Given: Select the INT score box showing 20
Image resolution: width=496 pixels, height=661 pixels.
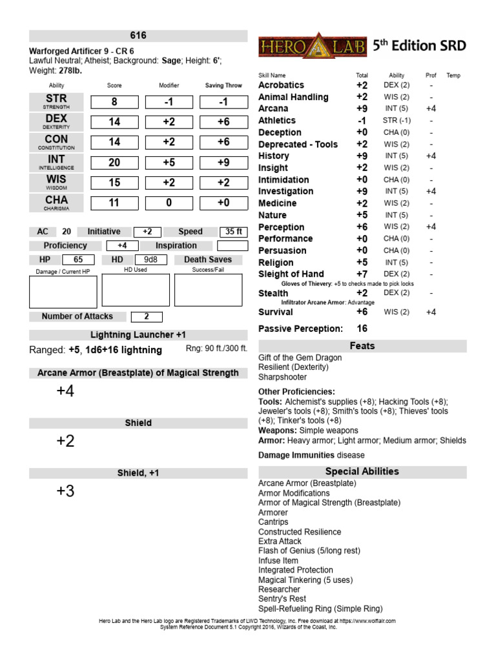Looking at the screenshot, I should (114, 163).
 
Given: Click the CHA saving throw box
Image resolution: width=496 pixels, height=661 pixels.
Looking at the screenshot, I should (223, 203).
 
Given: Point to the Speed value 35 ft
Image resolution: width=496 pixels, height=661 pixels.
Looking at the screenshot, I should (232, 232).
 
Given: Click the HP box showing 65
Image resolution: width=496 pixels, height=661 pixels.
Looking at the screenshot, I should (79, 259).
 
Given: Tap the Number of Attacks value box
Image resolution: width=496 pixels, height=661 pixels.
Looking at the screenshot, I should (147, 316).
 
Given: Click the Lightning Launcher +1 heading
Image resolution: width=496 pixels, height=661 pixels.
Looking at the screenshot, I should (138, 334).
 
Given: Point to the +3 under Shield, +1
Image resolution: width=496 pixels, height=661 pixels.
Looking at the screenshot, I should (65, 491).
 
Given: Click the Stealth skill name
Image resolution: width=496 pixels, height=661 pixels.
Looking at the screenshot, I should (273, 293).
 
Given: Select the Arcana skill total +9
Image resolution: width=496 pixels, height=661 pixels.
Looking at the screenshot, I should (362, 108).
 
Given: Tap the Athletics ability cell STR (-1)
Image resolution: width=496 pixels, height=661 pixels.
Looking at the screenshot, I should (397, 120).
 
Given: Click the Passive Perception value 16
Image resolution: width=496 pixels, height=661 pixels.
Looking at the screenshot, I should (362, 329).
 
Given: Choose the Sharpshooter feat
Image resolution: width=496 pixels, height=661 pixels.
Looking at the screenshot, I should (282, 377).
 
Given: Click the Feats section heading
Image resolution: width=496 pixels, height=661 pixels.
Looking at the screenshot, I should (362, 346).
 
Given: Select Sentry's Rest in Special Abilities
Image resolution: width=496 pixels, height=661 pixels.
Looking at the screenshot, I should (282, 598).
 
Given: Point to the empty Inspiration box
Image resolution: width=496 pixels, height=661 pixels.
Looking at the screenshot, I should (232, 246).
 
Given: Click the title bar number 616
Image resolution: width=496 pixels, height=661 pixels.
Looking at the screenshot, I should (138, 36).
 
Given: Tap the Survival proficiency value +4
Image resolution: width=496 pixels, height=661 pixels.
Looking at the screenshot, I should (431, 312).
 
